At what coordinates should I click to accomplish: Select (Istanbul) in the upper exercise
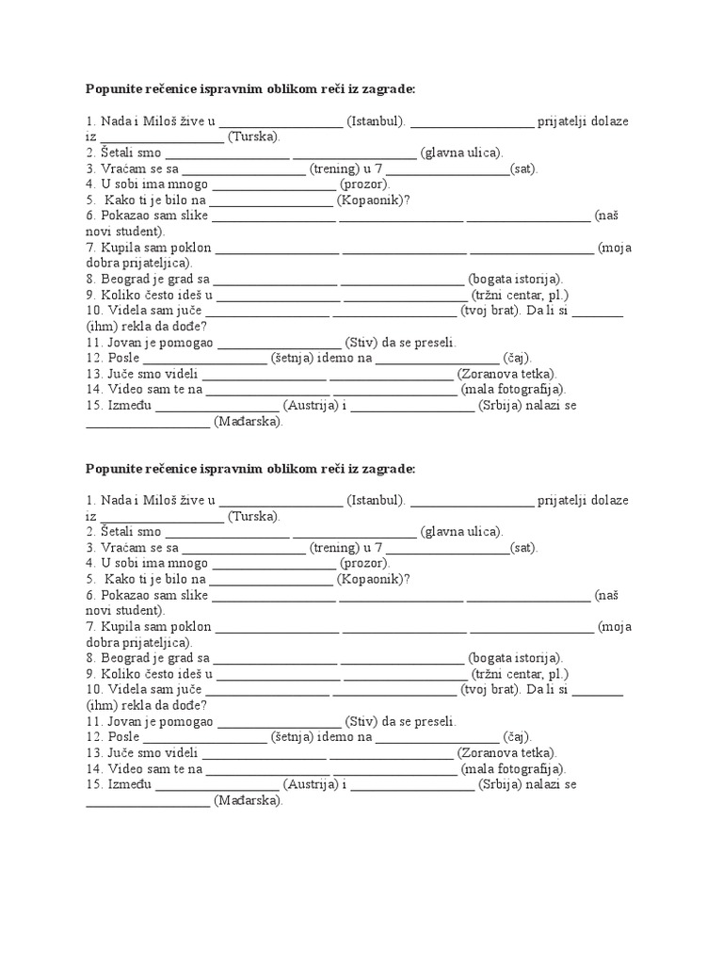(x=376, y=121)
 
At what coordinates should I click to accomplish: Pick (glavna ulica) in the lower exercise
(x=461, y=532)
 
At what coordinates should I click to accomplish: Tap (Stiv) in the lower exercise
(x=362, y=721)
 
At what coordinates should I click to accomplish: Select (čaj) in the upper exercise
(x=517, y=358)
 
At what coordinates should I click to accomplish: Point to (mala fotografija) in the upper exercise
(x=513, y=389)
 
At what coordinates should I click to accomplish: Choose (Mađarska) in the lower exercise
(x=248, y=800)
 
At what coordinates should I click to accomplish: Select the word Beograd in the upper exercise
(x=121, y=279)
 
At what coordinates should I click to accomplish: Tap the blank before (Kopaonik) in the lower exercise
(x=271, y=579)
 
